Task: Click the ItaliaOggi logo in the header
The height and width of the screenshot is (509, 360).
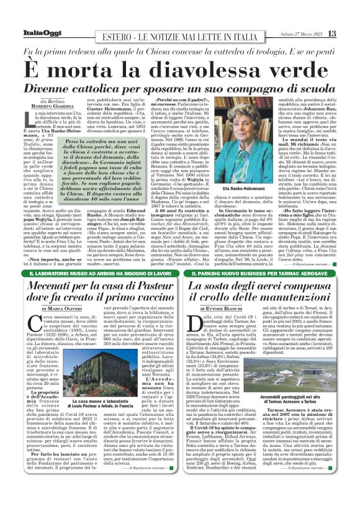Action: [32, 34]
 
